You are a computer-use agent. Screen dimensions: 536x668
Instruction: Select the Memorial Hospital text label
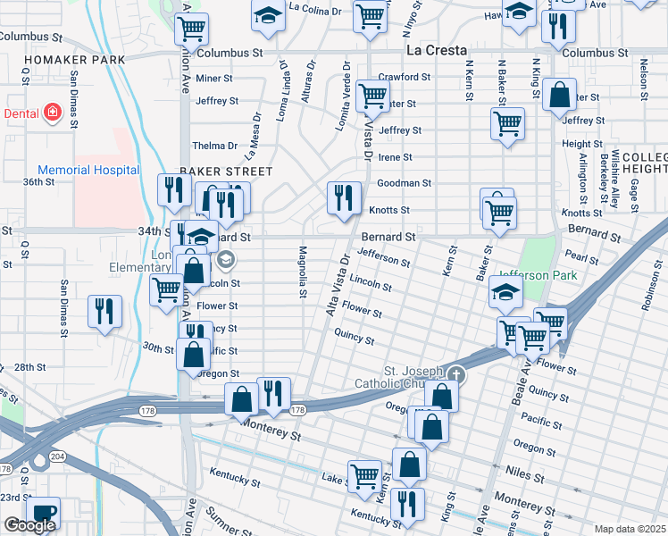[x=88, y=170]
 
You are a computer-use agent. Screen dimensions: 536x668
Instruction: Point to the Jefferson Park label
[x=536, y=276]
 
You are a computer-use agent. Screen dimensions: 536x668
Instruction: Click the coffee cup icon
[x=43, y=513]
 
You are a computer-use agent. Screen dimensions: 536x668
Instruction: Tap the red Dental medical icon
[x=53, y=113]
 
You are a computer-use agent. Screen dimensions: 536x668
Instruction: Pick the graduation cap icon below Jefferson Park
[x=506, y=292]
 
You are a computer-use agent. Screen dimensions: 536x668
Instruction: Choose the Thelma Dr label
[x=215, y=146]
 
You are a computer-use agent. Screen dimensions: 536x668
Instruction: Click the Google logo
[x=29, y=525]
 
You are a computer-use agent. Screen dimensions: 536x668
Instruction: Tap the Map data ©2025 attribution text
[x=630, y=529]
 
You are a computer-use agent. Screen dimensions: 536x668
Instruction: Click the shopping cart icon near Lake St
[x=365, y=476]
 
